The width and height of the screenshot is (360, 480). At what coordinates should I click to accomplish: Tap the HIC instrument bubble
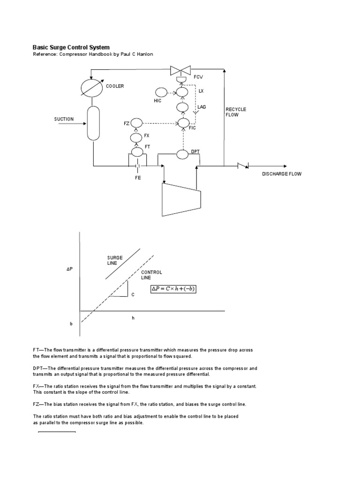pyautogui.click(x=160, y=92)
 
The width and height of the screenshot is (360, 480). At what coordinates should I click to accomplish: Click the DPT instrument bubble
pyautogui.click(x=182, y=155)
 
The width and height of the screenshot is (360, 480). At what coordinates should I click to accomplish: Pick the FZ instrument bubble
pyautogui.click(x=136, y=123)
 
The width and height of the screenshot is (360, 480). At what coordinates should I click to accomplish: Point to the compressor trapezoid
pyautogui.click(x=181, y=199)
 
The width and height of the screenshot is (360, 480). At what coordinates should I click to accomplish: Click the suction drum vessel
pyautogui.click(x=94, y=123)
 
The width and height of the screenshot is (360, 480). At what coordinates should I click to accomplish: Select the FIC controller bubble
pyautogui.click(x=182, y=123)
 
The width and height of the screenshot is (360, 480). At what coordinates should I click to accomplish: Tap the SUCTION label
pyautogui.click(x=63, y=119)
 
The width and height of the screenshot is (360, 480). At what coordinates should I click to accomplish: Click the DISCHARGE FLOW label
pyautogui.click(x=282, y=174)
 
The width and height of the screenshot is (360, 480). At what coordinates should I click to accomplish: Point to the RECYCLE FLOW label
pyautogui.click(x=236, y=112)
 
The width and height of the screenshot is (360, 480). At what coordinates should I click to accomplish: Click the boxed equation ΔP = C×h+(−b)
pyautogui.click(x=173, y=289)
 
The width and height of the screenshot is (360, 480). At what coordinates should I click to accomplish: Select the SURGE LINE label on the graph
pyautogui.click(x=115, y=260)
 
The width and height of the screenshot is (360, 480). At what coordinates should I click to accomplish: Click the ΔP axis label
pyautogui.click(x=70, y=269)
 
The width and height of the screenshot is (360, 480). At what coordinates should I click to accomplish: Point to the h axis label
pyautogui.click(x=133, y=317)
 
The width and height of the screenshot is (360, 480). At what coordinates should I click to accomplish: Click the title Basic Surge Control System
pyautogui.click(x=71, y=47)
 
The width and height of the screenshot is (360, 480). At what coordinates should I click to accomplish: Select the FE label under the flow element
pyautogui.click(x=137, y=178)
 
